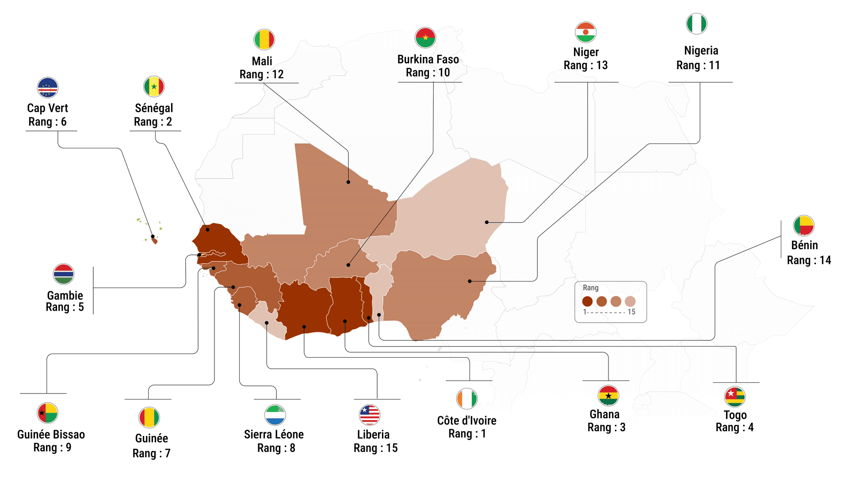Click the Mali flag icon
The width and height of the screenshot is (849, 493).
(x=264, y=40)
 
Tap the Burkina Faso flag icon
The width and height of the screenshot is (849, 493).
(x=425, y=38)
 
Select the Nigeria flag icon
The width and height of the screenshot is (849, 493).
(x=696, y=23)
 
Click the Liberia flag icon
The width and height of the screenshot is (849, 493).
(x=370, y=415)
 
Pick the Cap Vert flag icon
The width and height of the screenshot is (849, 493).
(x=48, y=88)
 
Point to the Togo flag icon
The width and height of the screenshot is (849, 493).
(x=735, y=397)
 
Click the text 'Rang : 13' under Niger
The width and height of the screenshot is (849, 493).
(x=585, y=65)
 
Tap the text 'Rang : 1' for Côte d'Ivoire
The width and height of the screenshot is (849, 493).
(x=467, y=434)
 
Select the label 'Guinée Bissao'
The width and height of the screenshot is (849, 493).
(x=51, y=435)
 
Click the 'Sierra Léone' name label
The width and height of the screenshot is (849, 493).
(x=274, y=435)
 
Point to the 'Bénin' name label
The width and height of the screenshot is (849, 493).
(x=804, y=245)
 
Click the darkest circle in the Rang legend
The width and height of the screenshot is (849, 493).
(x=587, y=301)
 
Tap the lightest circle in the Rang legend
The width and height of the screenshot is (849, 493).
(x=630, y=301)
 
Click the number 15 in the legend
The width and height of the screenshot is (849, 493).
(x=631, y=312)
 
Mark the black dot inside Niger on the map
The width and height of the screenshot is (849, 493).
(x=487, y=222)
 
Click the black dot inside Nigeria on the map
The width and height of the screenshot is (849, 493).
(x=470, y=281)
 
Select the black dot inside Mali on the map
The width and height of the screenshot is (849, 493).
(x=348, y=182)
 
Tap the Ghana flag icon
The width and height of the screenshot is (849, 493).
(x=608, y=396)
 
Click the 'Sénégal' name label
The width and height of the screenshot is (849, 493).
(x=154, y=108)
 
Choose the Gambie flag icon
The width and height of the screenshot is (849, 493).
(x=64, y=274)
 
